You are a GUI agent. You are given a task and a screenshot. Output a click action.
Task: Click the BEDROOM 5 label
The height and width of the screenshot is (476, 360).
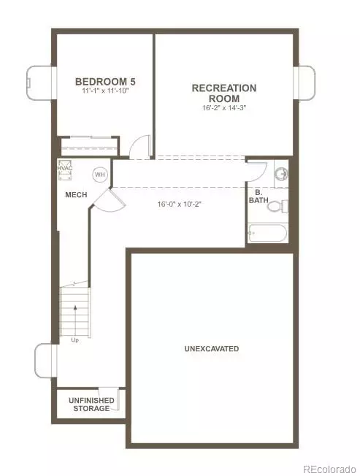click(105, 82)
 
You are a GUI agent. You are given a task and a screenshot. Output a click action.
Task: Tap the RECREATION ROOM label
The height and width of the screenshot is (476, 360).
click(223, 93)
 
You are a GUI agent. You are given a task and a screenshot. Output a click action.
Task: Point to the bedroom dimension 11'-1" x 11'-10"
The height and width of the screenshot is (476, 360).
click(105, 91)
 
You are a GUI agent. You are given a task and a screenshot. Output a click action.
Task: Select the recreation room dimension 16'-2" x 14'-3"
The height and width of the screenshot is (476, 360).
click(224, 108)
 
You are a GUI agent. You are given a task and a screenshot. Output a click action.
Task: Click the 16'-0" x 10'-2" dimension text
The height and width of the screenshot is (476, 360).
click(179, 204)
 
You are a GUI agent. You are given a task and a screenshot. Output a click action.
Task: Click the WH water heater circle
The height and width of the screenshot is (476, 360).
click(99, 175)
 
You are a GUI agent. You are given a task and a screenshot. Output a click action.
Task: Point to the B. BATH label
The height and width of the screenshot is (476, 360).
click(259, 195)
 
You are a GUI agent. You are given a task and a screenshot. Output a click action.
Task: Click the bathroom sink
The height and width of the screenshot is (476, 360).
click(282, 174)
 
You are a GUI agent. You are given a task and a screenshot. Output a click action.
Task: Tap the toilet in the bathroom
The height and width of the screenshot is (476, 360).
click(276, 207)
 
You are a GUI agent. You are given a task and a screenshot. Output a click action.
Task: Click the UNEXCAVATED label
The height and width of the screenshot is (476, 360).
click(212, 349)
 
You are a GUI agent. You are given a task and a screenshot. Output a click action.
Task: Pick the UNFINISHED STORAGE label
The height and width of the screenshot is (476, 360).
click(90, 404)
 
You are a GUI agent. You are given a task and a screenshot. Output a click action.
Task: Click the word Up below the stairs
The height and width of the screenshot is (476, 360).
click(74, 340)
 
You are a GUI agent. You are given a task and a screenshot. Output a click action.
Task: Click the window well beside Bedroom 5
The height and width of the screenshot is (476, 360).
click(40, 82)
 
